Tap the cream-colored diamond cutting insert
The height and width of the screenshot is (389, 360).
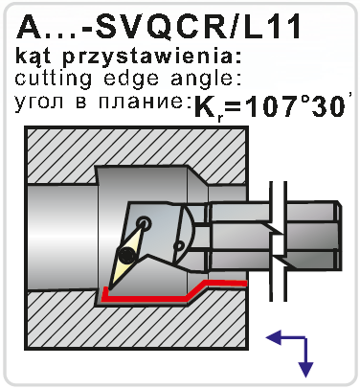click(126, 256)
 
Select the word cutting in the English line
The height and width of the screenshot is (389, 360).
click(54, 79)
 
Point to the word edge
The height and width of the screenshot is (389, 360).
click(131, 80)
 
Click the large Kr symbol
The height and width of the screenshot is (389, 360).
click(208, 108)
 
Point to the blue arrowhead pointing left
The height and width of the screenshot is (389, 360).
click(274, 338)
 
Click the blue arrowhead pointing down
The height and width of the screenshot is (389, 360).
click(305, 370)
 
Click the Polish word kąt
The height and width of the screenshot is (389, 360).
click(36, 57)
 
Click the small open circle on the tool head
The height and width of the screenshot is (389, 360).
click(178, 246)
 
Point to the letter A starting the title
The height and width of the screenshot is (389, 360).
click(28, 27)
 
